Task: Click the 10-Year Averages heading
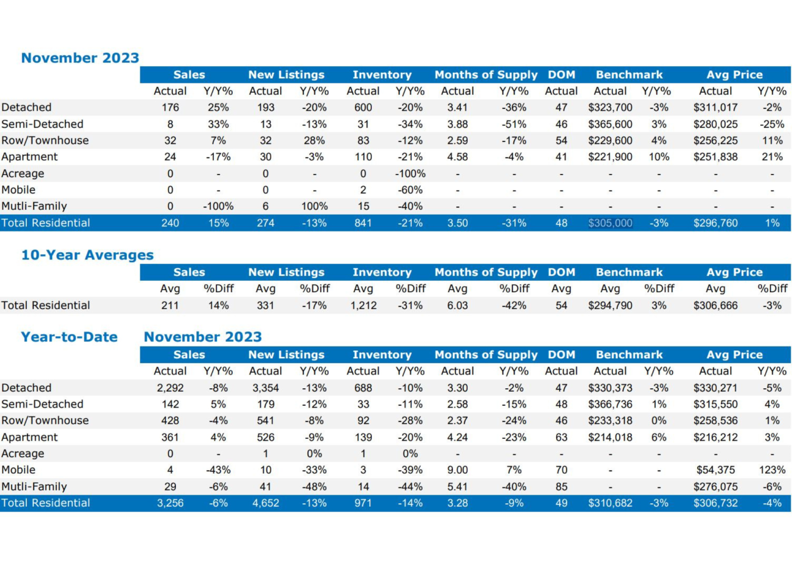click(x=87, y=255)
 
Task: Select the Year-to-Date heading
click(x=69, y=337)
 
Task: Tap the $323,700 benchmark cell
click(x=610, y=108)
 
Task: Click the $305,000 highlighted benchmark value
click(x=610, y=223)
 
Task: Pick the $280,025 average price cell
click(x=715, y=124)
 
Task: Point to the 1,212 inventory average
click(x=363, y=305)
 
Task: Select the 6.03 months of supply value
click(x=457, y=305)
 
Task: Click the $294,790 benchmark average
click(x=610, y=305)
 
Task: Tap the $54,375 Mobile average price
click(x=715, y=470)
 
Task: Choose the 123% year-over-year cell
click(x=772, y=470)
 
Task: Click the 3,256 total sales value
click(x=170, y=503)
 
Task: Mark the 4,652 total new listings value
click(x=266, y=503)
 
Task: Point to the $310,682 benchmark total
click(x=610, y=503)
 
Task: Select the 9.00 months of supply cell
click(x=457, y=470)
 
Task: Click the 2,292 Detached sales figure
click(x=170, y=388)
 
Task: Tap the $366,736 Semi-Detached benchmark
click(x=610, y=404)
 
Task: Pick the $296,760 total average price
click(x=715, y=223)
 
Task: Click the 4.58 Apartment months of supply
click(x=457, y=157)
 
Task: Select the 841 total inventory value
click(x=363, y=223)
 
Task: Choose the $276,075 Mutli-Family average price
click(x=715, y=486)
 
